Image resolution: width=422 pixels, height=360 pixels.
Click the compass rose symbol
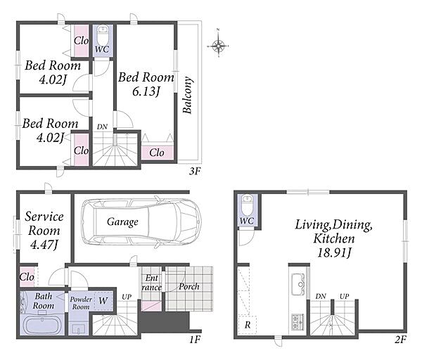(x=218, y=46)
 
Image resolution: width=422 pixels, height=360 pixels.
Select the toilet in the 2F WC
(x=247, y=205)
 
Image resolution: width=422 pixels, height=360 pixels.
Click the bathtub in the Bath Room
(x=42, y=325)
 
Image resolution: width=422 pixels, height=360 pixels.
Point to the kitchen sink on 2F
(x=298, y=284)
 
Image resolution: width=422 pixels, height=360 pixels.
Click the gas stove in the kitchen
(x=298, y=322)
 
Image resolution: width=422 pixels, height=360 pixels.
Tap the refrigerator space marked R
(x=248, y=324)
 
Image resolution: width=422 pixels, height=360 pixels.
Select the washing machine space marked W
(x=103, y=300)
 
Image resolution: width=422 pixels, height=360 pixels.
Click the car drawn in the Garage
(x=141, y=222)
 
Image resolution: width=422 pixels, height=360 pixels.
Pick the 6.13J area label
(x=146, y=91)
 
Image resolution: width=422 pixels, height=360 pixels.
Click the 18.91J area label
(x=334, y=252)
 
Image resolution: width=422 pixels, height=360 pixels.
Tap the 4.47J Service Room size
(x=44, y=245)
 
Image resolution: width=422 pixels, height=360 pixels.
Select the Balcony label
(x=188, y=95)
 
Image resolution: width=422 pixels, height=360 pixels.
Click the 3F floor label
(x=195, y=171)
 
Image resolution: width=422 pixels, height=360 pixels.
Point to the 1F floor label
(x=195, y=340)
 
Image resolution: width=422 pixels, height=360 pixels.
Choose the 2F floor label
(x=400, y=340)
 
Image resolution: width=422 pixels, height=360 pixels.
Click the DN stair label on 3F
(x=102, y=127)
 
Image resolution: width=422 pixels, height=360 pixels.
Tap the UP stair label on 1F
(x=127, y=297)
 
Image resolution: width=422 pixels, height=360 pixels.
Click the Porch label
(x=189, y=287)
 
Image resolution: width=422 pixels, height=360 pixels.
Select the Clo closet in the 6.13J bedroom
(x=157, y=153)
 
